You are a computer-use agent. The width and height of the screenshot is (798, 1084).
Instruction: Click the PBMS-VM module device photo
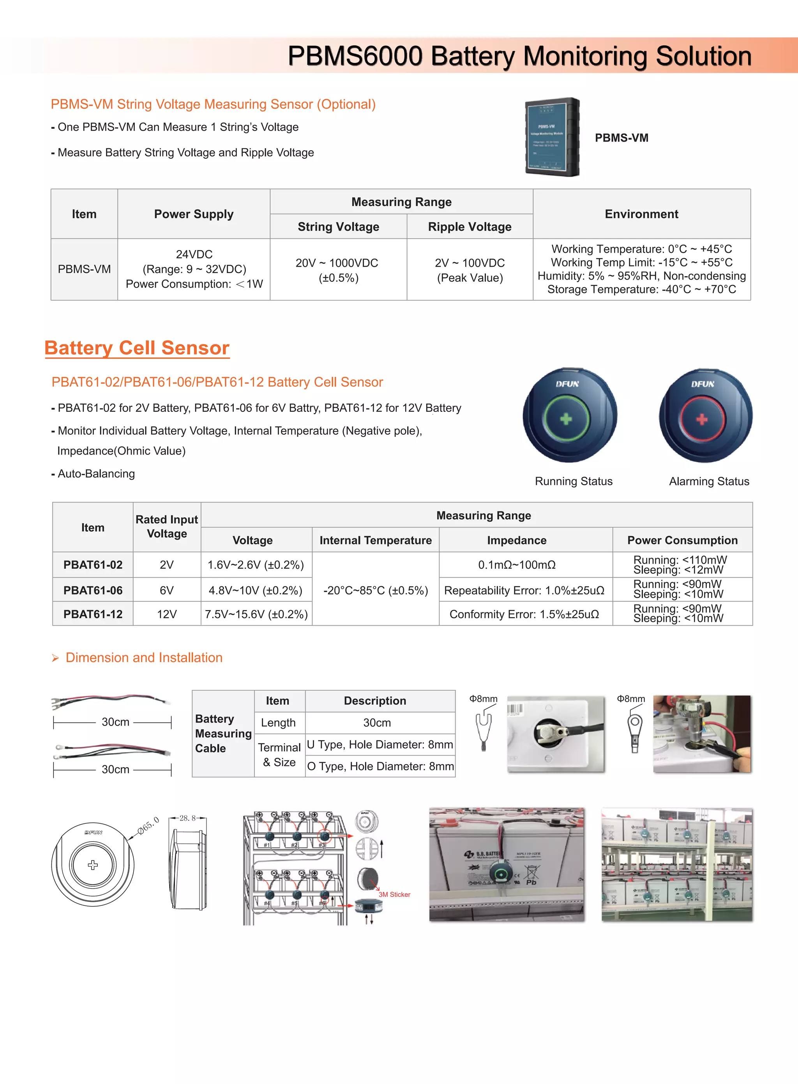[552, 137]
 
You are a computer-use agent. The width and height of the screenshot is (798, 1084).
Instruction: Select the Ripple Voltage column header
[470, 226]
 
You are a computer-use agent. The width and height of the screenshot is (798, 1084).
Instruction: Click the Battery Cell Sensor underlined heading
[137, 348]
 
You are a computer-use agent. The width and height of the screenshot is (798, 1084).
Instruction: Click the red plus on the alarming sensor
[702, 419]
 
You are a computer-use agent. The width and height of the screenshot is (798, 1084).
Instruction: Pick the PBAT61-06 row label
[93, 590]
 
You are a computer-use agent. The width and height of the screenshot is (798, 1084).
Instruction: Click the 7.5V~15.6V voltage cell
[256, 614]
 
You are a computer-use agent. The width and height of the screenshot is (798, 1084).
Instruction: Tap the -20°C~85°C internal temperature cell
[375, 590]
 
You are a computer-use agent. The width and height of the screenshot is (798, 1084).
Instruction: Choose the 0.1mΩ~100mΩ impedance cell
[516, 565]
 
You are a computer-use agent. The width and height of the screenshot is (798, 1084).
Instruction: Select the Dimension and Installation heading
[143, 658]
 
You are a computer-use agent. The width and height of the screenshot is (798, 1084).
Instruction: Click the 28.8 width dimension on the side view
[187, 818]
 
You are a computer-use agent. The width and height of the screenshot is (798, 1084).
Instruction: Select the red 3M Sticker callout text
[394, 894]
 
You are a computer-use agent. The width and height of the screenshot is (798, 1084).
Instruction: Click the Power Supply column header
[194, 214]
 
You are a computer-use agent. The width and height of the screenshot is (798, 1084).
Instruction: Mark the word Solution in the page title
[703, 56]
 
